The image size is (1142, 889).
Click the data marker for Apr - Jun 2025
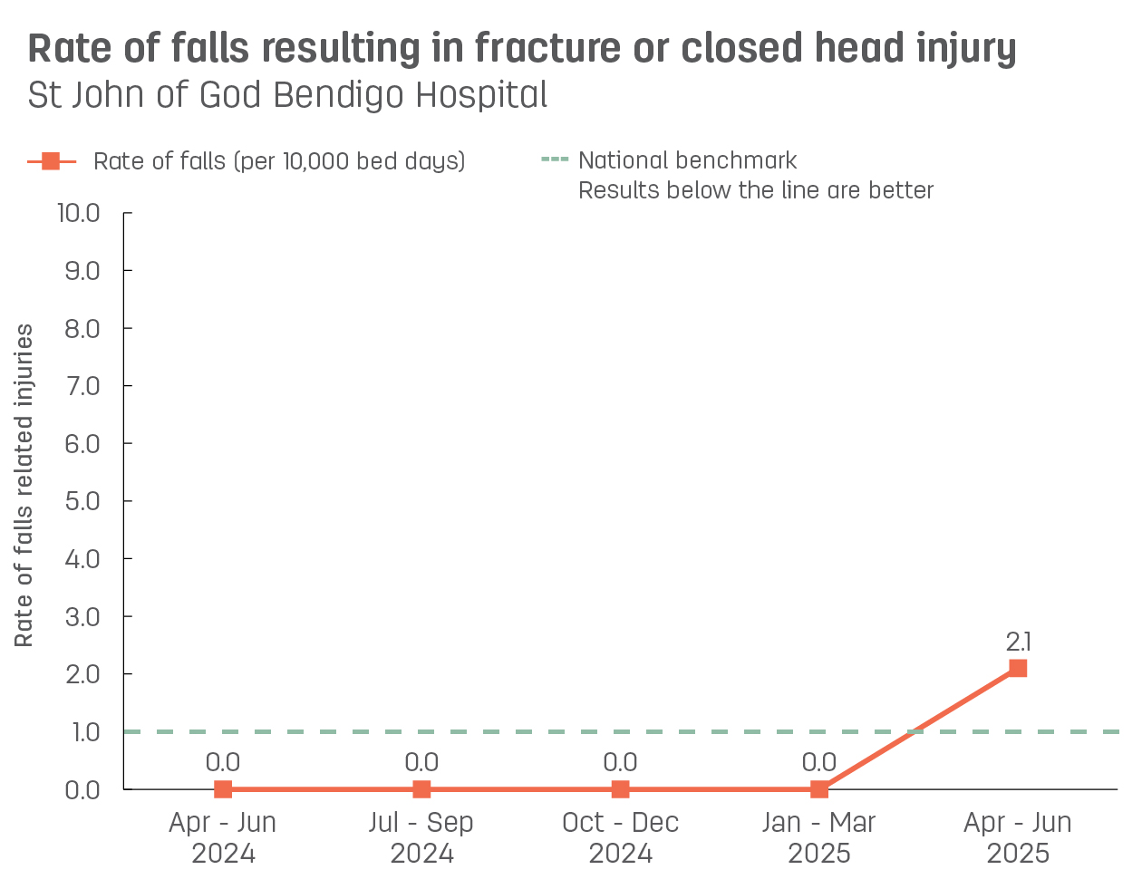pos(1018,669)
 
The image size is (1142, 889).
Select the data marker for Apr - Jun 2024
pos(223,789)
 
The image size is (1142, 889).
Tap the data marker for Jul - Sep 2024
pos(421,789)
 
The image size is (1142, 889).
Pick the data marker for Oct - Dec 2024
pos(620,789)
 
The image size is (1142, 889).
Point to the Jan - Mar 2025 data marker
pos(819,789)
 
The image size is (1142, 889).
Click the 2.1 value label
pos(1018,643)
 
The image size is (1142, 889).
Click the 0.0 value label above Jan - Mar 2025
pos(819,763)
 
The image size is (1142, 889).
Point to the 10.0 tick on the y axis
pos(79,213)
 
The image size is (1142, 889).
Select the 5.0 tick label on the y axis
pos(82,501)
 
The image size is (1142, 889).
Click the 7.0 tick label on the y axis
pos(82,386)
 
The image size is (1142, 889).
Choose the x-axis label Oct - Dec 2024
pos(620,837)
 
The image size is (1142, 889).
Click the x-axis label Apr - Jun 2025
pos(1018,837)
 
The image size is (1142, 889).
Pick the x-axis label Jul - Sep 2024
pos(421,837)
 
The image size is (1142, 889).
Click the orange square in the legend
pos(51,161)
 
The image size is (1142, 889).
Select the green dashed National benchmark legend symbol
pos(555,160)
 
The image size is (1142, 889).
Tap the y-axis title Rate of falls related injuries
pos(24,486)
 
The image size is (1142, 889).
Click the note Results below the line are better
pos(756,190)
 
